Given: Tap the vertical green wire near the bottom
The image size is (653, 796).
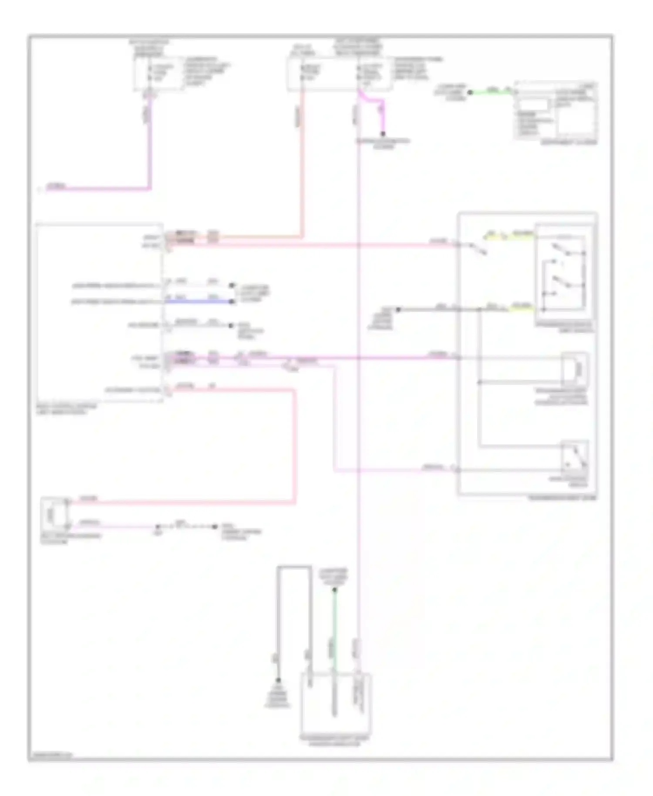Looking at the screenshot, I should (334, 627).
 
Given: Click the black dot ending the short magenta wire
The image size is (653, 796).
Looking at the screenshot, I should (384, 134).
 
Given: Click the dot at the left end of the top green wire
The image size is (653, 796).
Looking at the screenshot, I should (470, 92).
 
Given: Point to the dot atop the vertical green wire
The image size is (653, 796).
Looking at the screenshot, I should (335, 590).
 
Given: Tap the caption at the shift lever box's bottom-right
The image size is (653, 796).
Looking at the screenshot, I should (562, 498).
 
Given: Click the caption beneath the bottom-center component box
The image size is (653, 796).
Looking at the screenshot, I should (335, 741).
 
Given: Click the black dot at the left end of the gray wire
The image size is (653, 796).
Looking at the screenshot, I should (397, 310).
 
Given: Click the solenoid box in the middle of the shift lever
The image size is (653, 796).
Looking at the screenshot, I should (574, 369).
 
